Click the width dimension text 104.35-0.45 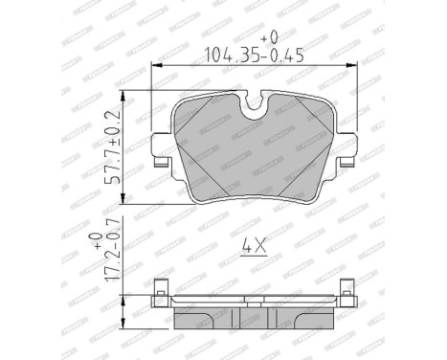pyautogui.click(x=248, y=54)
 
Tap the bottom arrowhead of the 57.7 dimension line pyautogui.click(x=125, y=198)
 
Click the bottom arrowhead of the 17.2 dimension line pyautogui.click(x=125, y=322)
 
